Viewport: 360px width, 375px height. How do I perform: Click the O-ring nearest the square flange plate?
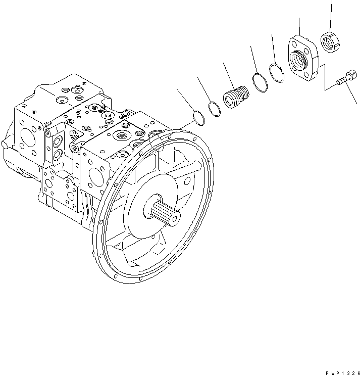click(276, 73)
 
